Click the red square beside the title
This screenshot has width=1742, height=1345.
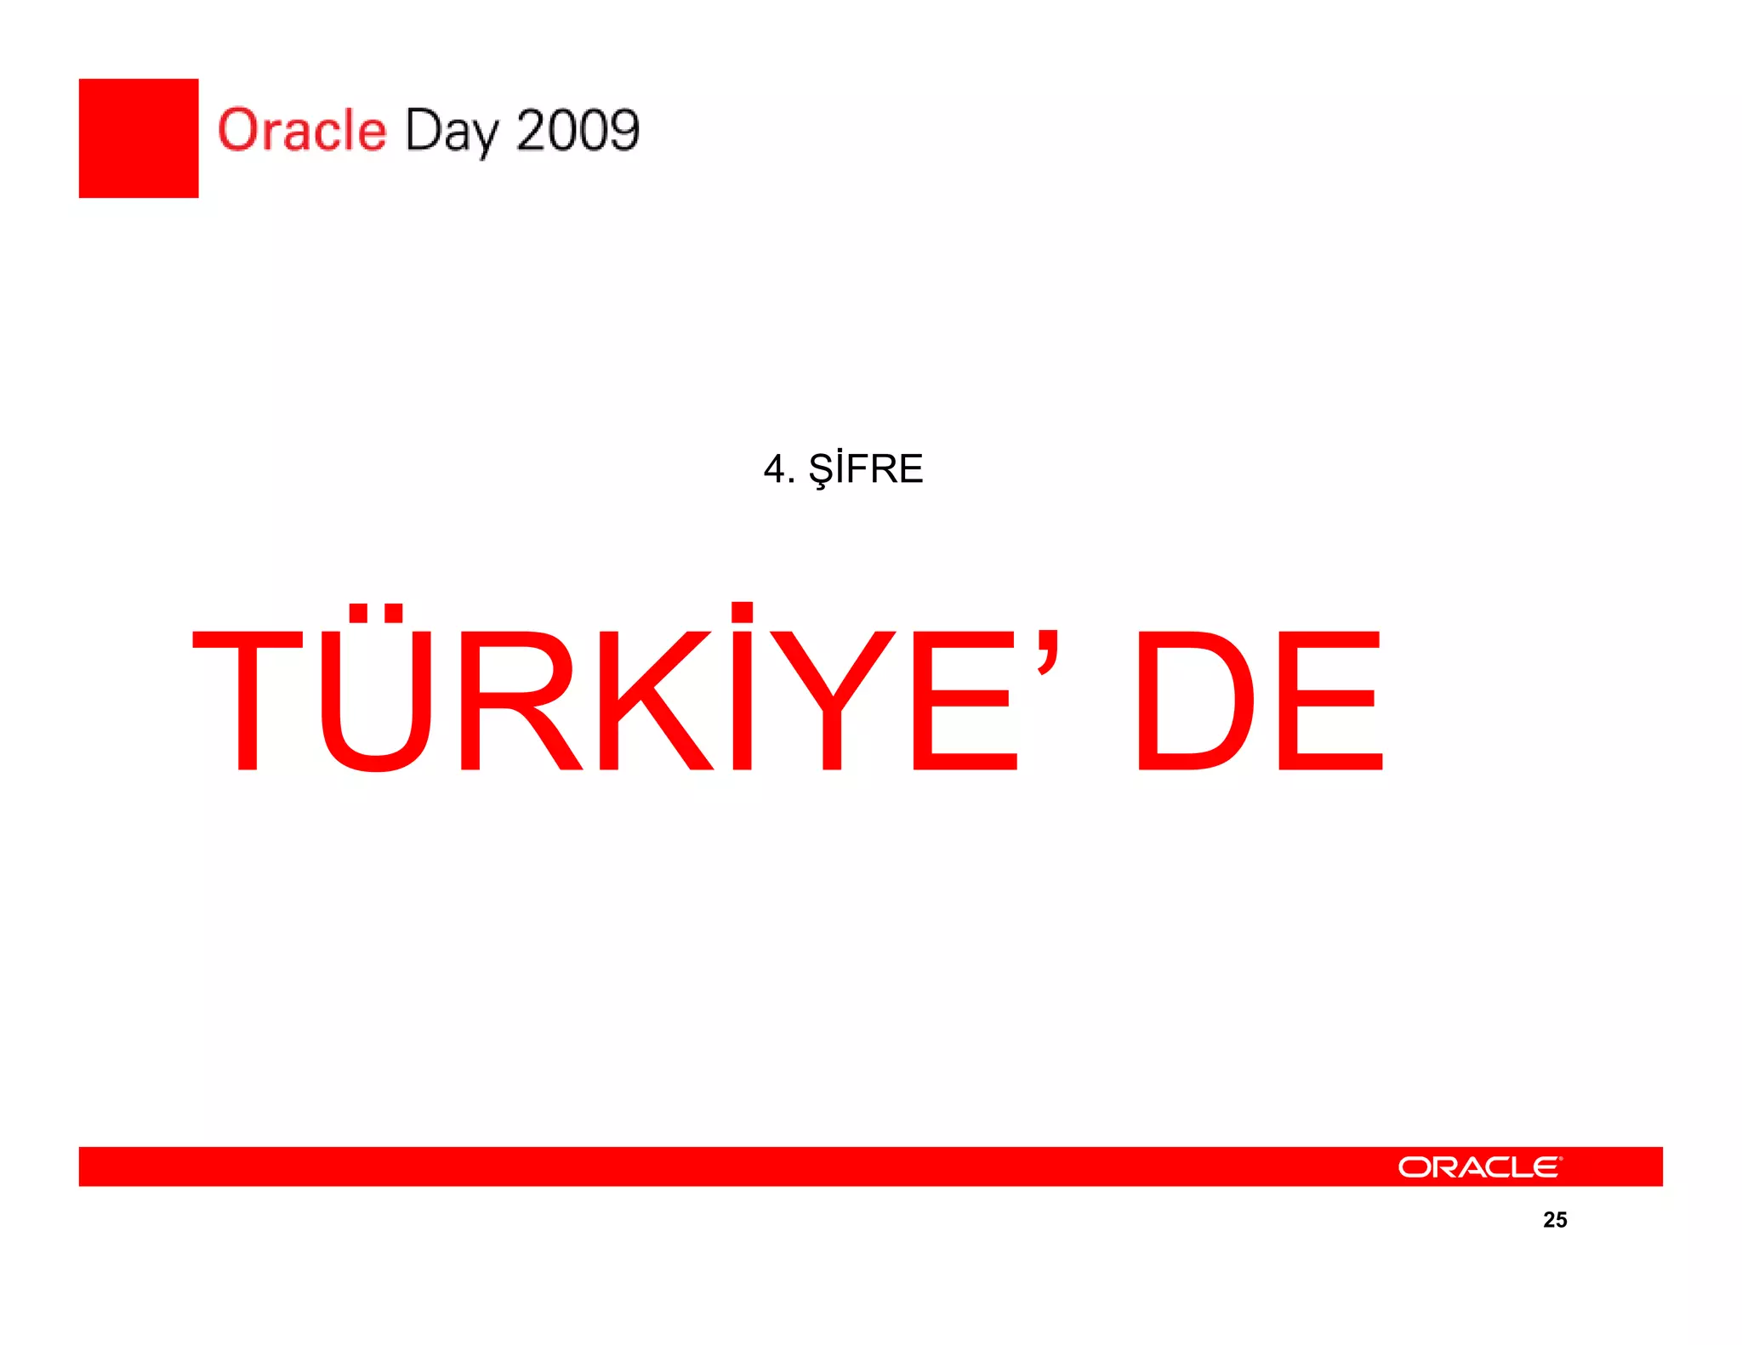139,139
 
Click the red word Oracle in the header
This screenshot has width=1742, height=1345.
302,130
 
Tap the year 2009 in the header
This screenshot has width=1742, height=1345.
578,130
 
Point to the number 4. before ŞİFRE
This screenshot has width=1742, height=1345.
777,469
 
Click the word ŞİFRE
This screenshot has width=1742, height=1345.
865,469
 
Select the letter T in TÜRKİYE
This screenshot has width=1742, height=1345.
248,700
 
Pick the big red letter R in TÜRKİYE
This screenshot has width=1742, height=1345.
520,700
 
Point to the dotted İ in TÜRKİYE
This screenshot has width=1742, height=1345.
743,689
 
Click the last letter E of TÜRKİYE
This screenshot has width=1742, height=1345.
964,700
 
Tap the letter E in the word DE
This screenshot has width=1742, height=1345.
1330,700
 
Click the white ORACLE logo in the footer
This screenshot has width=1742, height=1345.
1479,1166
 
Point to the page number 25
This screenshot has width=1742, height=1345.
1555,1220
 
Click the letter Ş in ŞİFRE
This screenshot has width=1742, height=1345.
821,470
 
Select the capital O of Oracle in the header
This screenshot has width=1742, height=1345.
238,130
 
